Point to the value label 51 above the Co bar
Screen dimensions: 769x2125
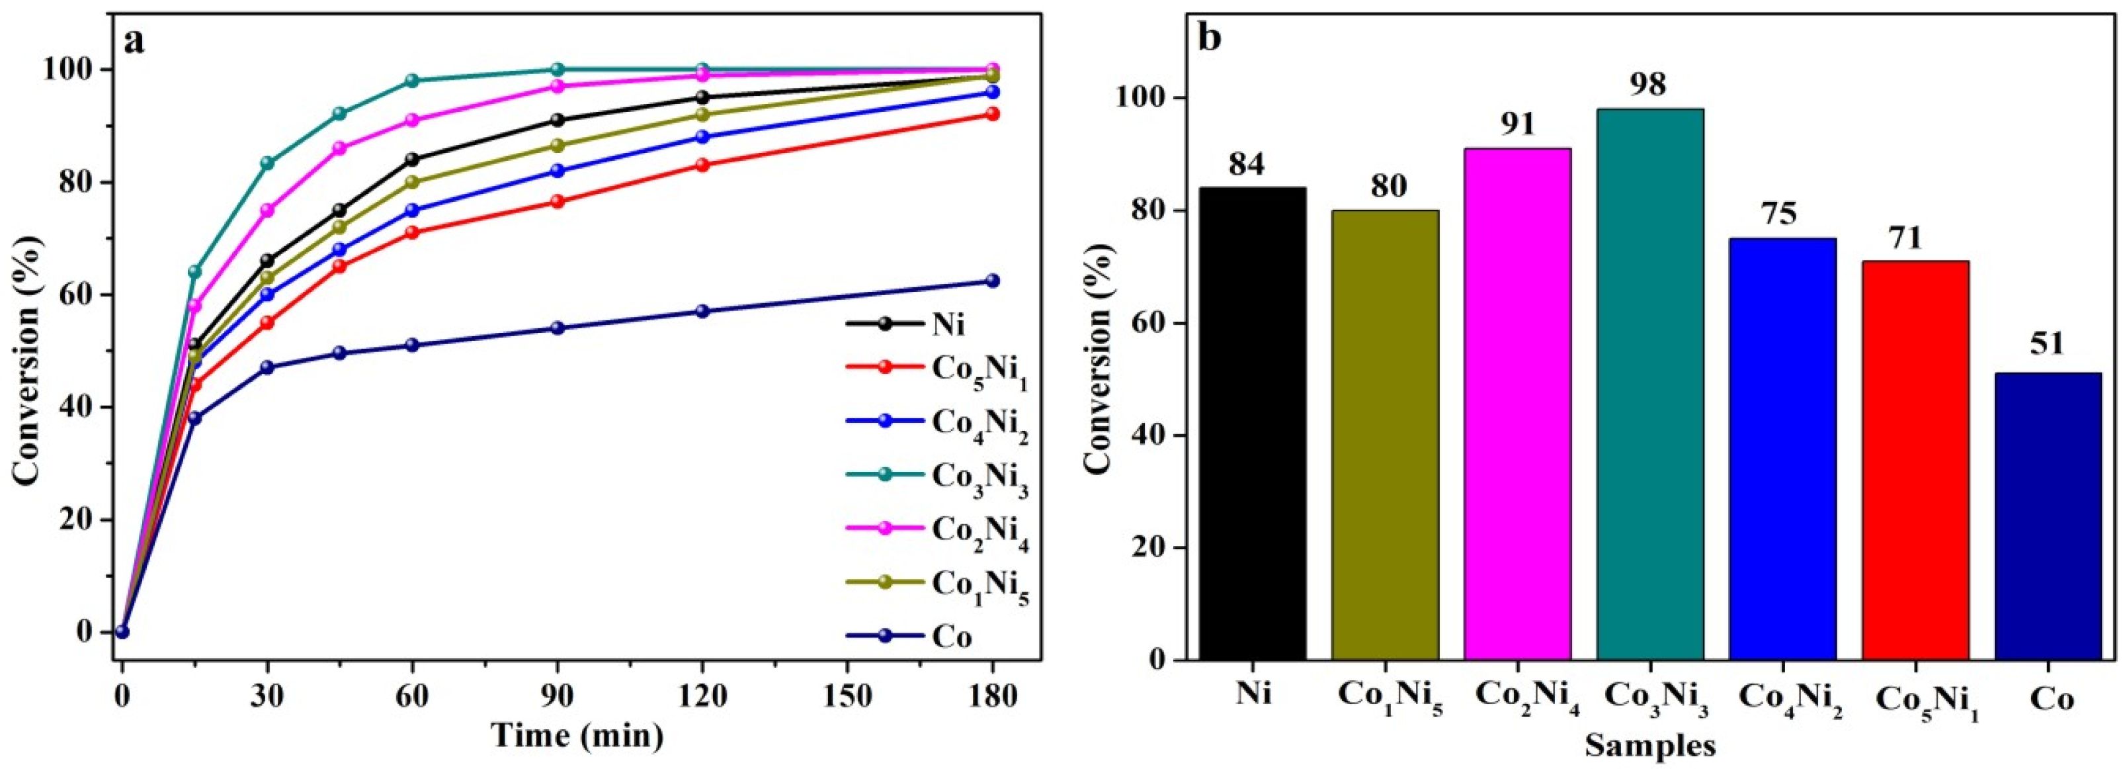[2047, 343]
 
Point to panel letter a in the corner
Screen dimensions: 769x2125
[134, 40]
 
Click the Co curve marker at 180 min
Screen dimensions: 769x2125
[992, 281]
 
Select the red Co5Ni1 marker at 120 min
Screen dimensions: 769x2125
[703, 165]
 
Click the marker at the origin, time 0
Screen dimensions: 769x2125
[122, 632]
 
